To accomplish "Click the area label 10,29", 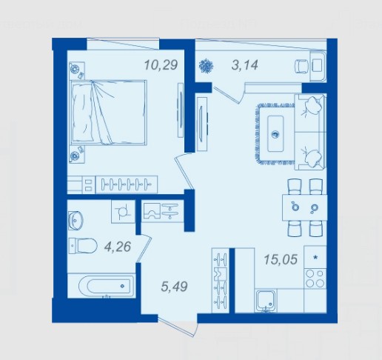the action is (161, 65).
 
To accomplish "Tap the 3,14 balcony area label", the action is (245, 65).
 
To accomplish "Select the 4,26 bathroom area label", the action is (118, 247).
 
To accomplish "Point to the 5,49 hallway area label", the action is (174, 287).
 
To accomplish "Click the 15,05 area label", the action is (281, 259).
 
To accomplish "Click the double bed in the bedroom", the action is (109, 113).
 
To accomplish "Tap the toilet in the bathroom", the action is (83, 246).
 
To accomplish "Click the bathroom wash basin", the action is (76, 220).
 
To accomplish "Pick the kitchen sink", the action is (266, 301).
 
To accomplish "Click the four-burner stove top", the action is (315, 279).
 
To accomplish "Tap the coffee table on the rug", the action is (275, 134).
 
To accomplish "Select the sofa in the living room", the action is (310, 132).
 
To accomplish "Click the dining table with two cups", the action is (305, 207).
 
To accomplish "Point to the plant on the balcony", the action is (207, 66).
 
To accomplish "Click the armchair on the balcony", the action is (302, 66).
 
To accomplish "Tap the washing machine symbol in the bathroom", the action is (123, 212).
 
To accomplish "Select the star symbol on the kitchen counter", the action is (315, 257).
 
